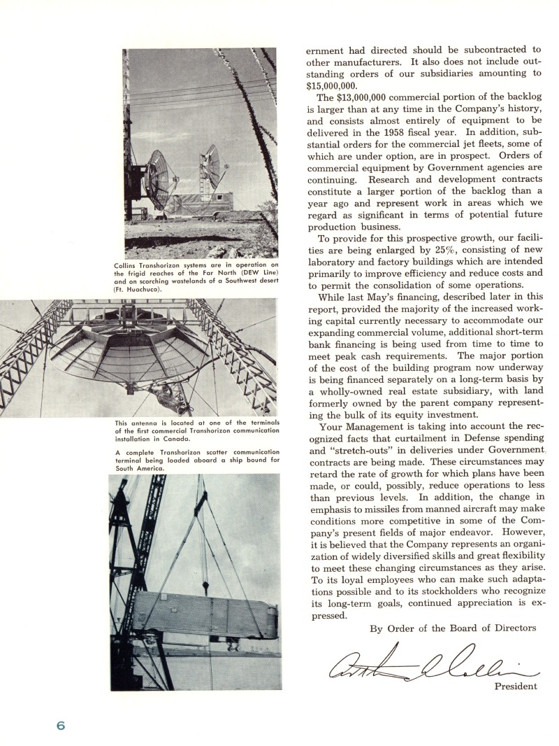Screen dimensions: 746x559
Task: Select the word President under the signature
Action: click(516, 687)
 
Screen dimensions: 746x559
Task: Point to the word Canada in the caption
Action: click(177, 439)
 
